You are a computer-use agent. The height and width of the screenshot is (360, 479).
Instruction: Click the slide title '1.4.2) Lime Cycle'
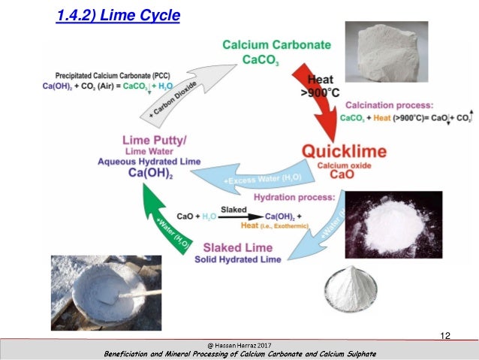(x=118, y=14)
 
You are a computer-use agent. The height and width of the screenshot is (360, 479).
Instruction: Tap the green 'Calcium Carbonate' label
(x=276, y=45)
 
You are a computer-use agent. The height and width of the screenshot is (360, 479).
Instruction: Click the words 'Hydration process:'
(x=294, y=197)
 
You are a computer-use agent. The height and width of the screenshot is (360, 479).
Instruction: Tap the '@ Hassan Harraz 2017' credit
(x=239, y=344)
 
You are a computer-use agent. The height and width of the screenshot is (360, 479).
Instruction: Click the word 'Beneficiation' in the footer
(x=131, y=353)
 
